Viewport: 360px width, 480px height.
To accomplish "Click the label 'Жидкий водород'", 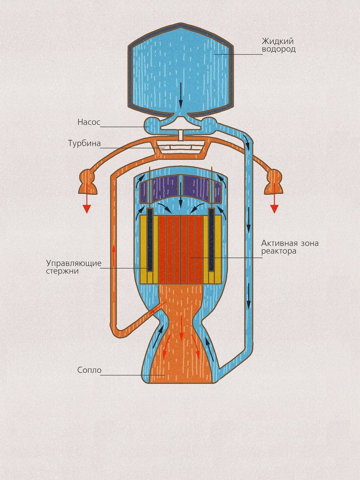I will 278,45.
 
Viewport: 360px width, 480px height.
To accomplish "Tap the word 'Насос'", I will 89,123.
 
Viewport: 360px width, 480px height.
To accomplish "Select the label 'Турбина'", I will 84,144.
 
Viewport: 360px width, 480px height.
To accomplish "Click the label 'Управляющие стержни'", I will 74,267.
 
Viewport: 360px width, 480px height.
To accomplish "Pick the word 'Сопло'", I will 89,370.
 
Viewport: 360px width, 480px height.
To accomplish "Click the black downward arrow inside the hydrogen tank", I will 181,95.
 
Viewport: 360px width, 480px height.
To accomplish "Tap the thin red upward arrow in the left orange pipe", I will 113,255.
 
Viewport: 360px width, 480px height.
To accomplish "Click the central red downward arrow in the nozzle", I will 181,329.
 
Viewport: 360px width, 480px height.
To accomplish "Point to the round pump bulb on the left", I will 152,124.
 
